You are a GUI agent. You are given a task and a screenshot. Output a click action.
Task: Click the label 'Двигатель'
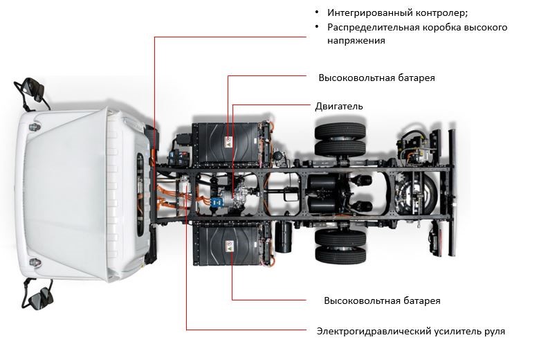[339, 106]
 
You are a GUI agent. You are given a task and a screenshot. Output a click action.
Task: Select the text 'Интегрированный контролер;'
[397, 13]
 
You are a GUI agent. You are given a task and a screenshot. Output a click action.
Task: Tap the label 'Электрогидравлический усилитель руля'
[410, 331]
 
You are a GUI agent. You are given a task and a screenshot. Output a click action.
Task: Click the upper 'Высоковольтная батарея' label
[376, 78]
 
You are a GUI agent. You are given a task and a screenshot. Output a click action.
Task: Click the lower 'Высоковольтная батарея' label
[382, 300]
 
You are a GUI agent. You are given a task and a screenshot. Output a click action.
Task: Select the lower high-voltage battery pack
[230, 245]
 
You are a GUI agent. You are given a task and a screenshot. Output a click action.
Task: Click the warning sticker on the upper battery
[228, 142]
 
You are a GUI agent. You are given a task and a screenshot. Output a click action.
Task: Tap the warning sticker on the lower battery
[230, 246]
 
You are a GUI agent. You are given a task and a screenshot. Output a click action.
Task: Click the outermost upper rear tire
[340, 130]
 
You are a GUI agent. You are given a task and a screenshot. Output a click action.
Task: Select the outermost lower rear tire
[340, 255]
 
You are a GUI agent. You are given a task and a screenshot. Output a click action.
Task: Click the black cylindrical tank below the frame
[284, 237]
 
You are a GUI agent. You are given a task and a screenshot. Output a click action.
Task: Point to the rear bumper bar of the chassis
[453, 192]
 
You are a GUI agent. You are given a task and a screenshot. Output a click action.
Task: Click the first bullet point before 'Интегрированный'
[317, 12]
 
